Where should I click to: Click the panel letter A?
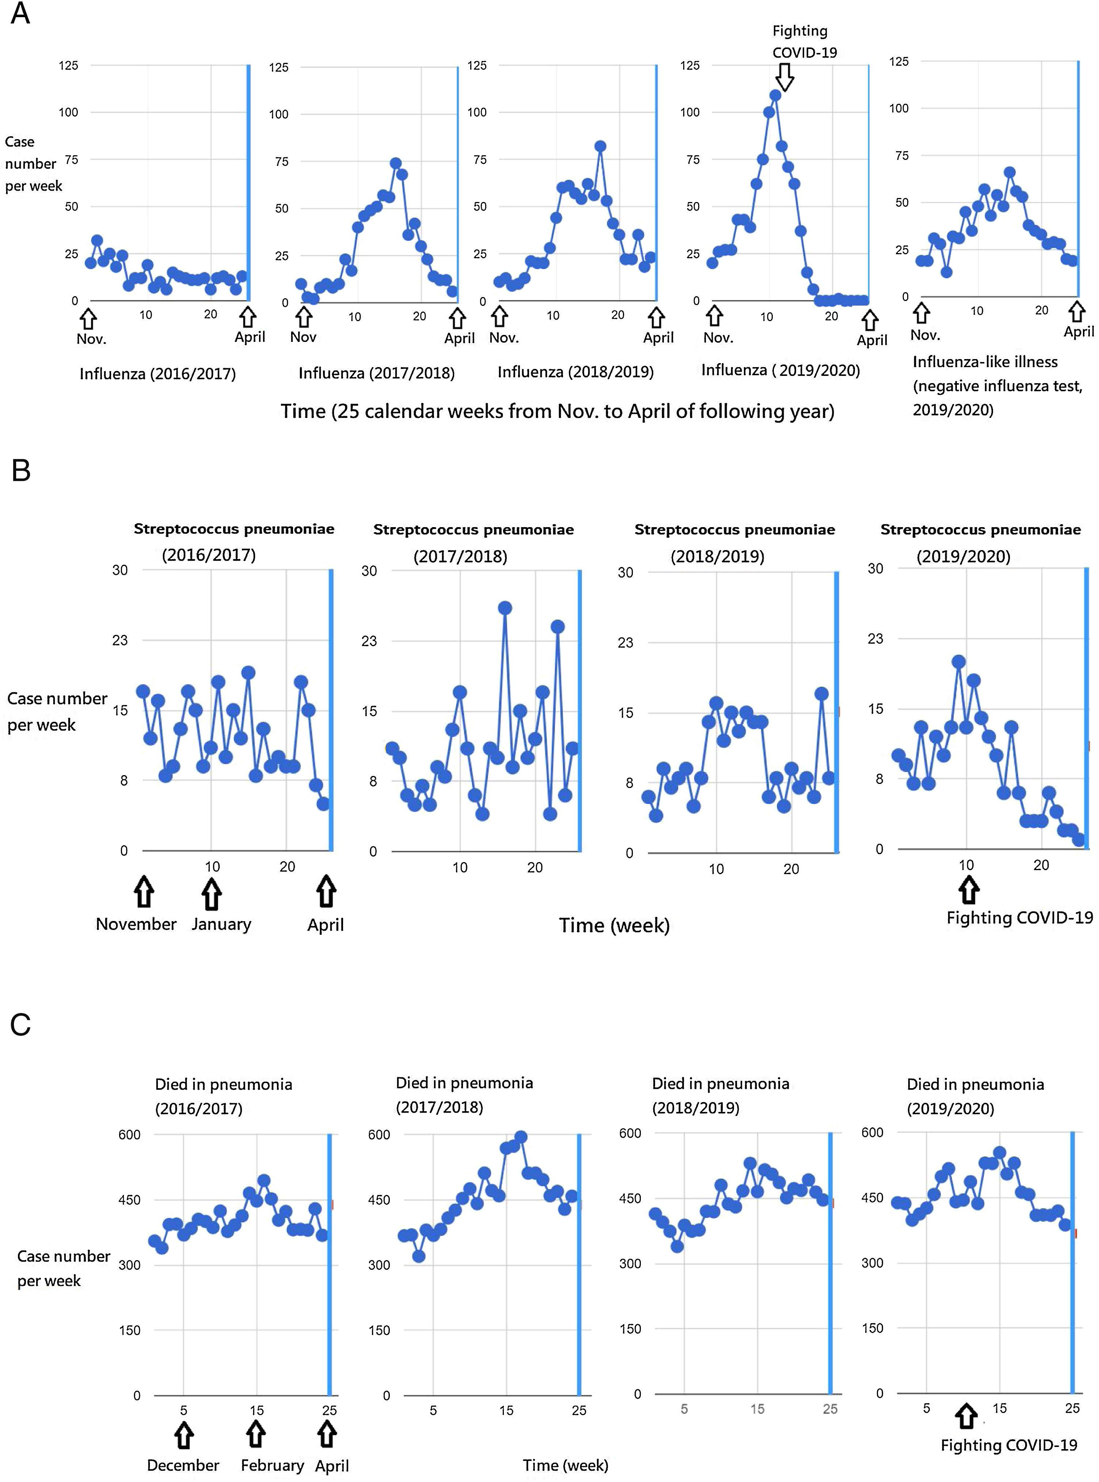pyautogui.click(x=20, y=13)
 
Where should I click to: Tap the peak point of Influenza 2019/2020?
pyautogui.click(x=775, y=95)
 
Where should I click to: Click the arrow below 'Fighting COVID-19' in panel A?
pyautogui.click(x=785, y=76)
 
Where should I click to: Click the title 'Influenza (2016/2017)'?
pyautogui.click(x=158, y=374)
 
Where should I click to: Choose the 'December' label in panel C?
pyautogui.click(x=183, y=1465)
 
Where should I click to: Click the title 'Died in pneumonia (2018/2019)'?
pyautogui.click(x=720, y=1095)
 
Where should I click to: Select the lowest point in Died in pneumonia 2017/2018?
pyautogui.click(x=418, y=1256)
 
